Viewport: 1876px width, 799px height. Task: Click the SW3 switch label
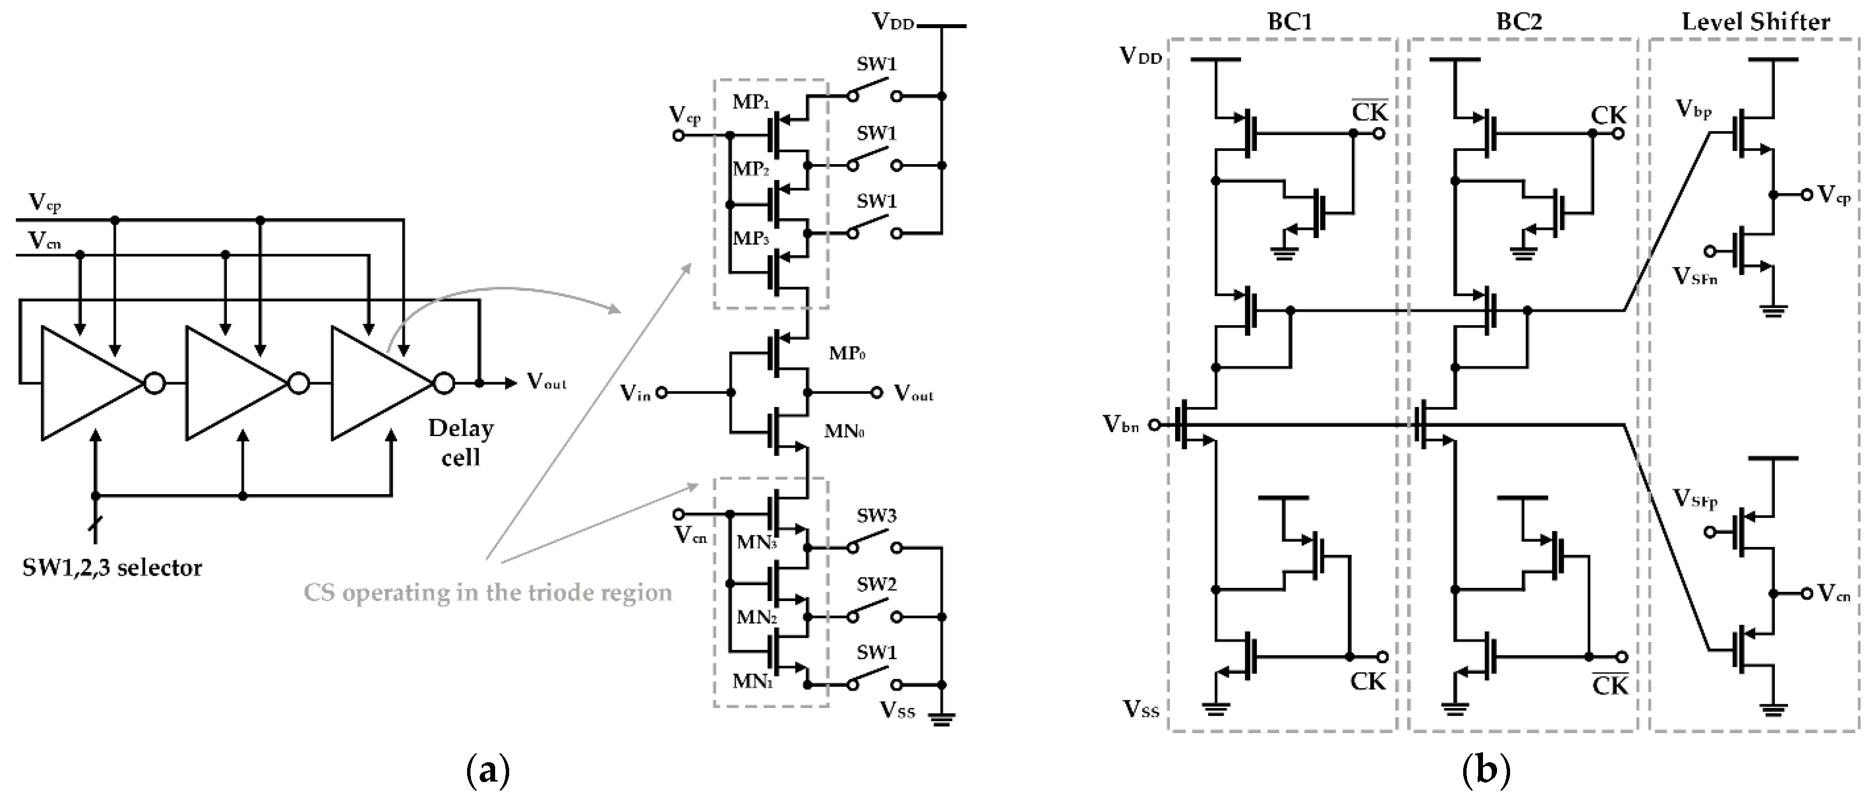click(x=876, y=516)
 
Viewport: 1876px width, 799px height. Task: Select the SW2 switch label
click(x=876, y=584)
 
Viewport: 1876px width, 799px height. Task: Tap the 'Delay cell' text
click(x=460, y=442)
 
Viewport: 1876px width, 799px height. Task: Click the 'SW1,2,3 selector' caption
click(x=112, y=567)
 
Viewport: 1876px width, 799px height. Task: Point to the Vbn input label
click(x=1121, y=424)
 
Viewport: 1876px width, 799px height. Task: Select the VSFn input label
click(x=1694, y=276)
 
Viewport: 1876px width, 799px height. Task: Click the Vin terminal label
click(x=635, y=393)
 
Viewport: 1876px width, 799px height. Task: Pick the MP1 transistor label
click(x=750, y=102)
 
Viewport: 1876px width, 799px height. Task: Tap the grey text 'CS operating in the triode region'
click(x=487, y=592)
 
